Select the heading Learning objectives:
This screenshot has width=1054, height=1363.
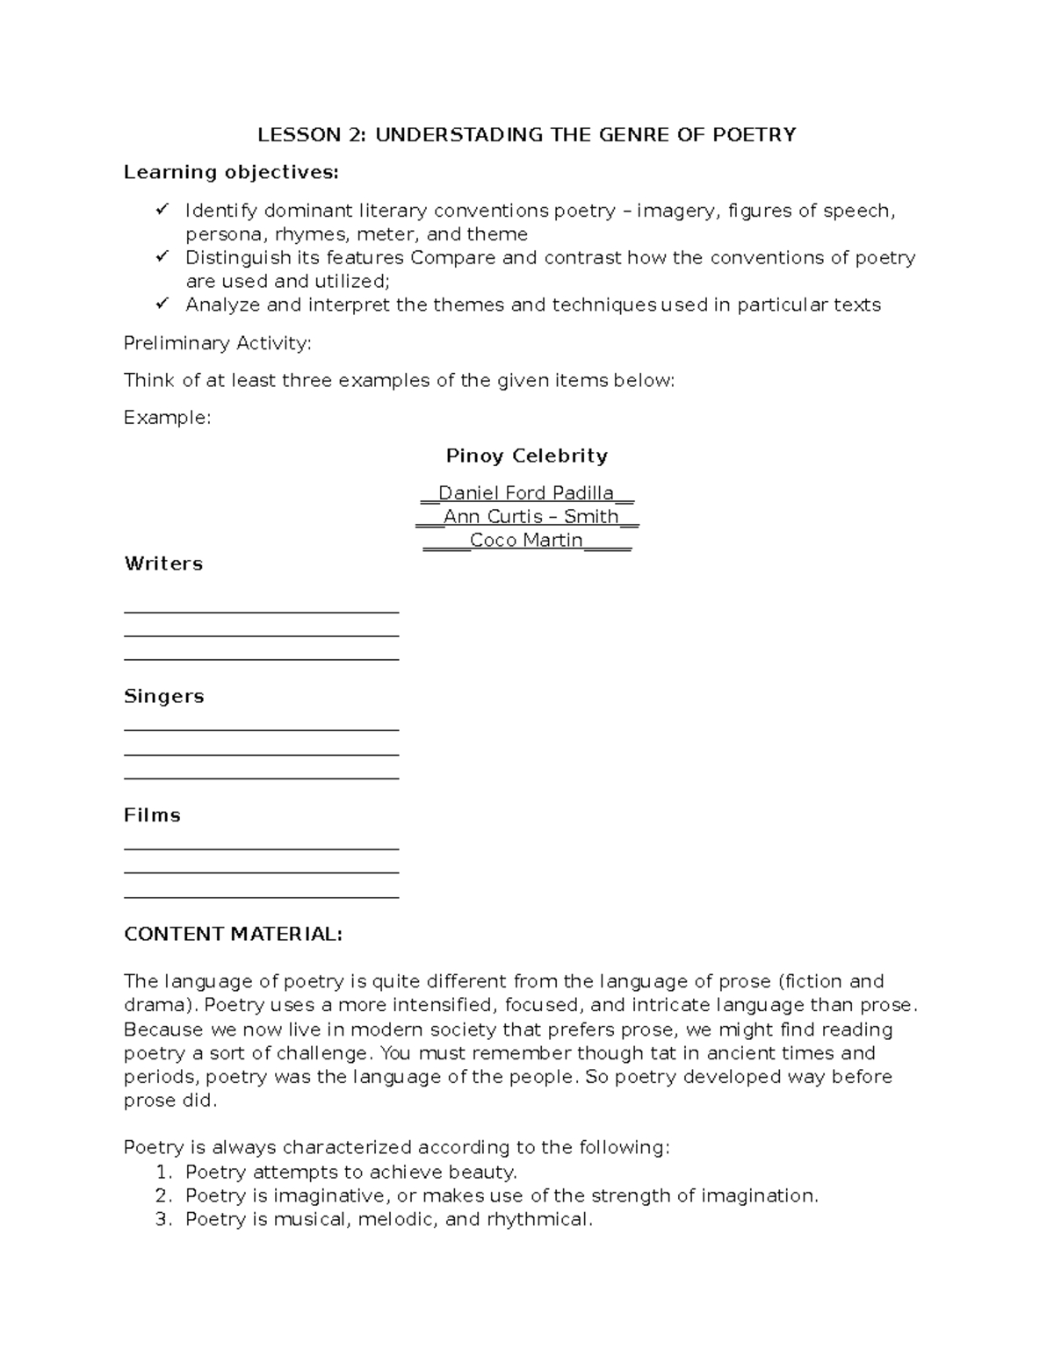tap(230, 172)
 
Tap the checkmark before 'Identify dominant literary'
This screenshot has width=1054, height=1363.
tap(162, 210)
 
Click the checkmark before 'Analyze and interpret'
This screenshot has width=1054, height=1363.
tap(162, 304)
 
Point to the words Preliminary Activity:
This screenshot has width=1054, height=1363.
tap(217, 343)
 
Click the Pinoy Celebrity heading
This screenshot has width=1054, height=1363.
tap(526, 456)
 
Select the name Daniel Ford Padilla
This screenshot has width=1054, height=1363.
tap(525, 493)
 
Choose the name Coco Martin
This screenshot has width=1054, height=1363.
tap(526, 541)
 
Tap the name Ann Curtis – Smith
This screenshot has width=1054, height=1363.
tap(531, 517)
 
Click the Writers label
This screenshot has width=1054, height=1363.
tap(163, 563)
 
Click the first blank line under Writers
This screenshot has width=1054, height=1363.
tap(262, 611)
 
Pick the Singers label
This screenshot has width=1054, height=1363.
tap(164, 696)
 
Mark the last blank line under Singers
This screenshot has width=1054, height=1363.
tap(262, 778)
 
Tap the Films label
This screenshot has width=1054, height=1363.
tap(152, 815)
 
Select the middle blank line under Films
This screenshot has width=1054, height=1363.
tap(262, 872)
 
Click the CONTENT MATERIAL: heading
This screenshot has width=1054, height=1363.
tap(233, 934)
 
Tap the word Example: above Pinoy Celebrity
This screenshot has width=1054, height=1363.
tap(167, 418)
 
